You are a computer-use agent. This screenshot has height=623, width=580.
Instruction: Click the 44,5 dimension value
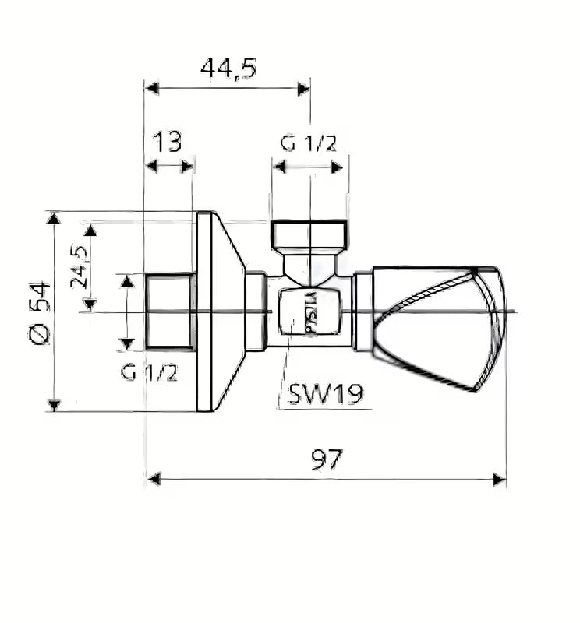coord(228,69)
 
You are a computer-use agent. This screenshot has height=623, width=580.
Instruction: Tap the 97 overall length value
coord(327,459)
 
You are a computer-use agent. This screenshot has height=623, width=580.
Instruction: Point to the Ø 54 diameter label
coord(40,312)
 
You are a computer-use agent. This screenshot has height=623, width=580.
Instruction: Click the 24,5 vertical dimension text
coord(80,266)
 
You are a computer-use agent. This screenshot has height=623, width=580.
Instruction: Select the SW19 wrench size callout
coord(325,394)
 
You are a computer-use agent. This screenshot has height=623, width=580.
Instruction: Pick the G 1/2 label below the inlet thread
coord(149,372)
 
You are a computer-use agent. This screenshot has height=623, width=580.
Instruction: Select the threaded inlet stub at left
coord(169,311)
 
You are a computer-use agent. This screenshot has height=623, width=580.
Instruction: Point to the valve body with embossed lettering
coord(306,311)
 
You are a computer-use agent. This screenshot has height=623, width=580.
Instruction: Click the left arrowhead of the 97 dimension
coord(154,479)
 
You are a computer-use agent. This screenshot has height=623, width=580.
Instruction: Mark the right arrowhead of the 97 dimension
coord(499,479)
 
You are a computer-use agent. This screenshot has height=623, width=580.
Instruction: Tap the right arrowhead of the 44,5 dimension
coord(303,88)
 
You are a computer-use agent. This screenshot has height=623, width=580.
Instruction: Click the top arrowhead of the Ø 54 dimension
coord(53,218)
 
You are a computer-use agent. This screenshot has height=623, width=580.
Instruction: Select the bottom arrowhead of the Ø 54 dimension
coord(53,404)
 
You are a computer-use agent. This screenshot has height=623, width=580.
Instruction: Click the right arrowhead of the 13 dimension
coord(187,166)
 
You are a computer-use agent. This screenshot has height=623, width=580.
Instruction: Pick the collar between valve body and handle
coord(362,311)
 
